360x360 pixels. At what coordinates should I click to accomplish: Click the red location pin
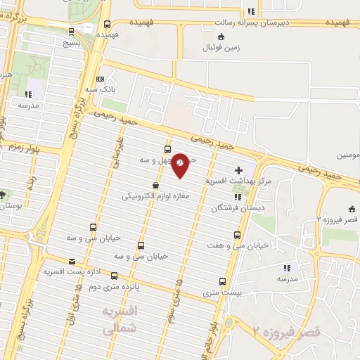tap(181, 165)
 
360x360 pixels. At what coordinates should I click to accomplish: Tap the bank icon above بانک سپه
tap(101, 79)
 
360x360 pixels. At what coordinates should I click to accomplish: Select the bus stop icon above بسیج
tap(71, 31)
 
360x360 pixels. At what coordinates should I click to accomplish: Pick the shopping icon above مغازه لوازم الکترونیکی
tap(165, 185)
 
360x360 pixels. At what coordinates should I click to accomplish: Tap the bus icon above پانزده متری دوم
tap(114, 276)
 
